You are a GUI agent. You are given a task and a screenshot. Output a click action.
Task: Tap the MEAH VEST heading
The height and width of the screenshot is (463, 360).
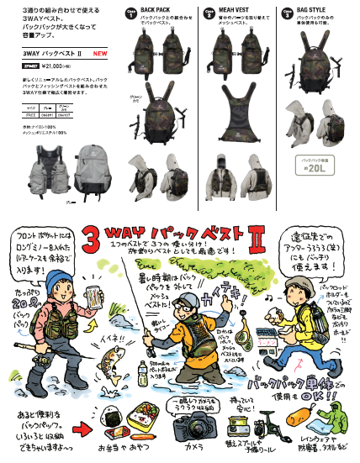click(236, 12)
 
